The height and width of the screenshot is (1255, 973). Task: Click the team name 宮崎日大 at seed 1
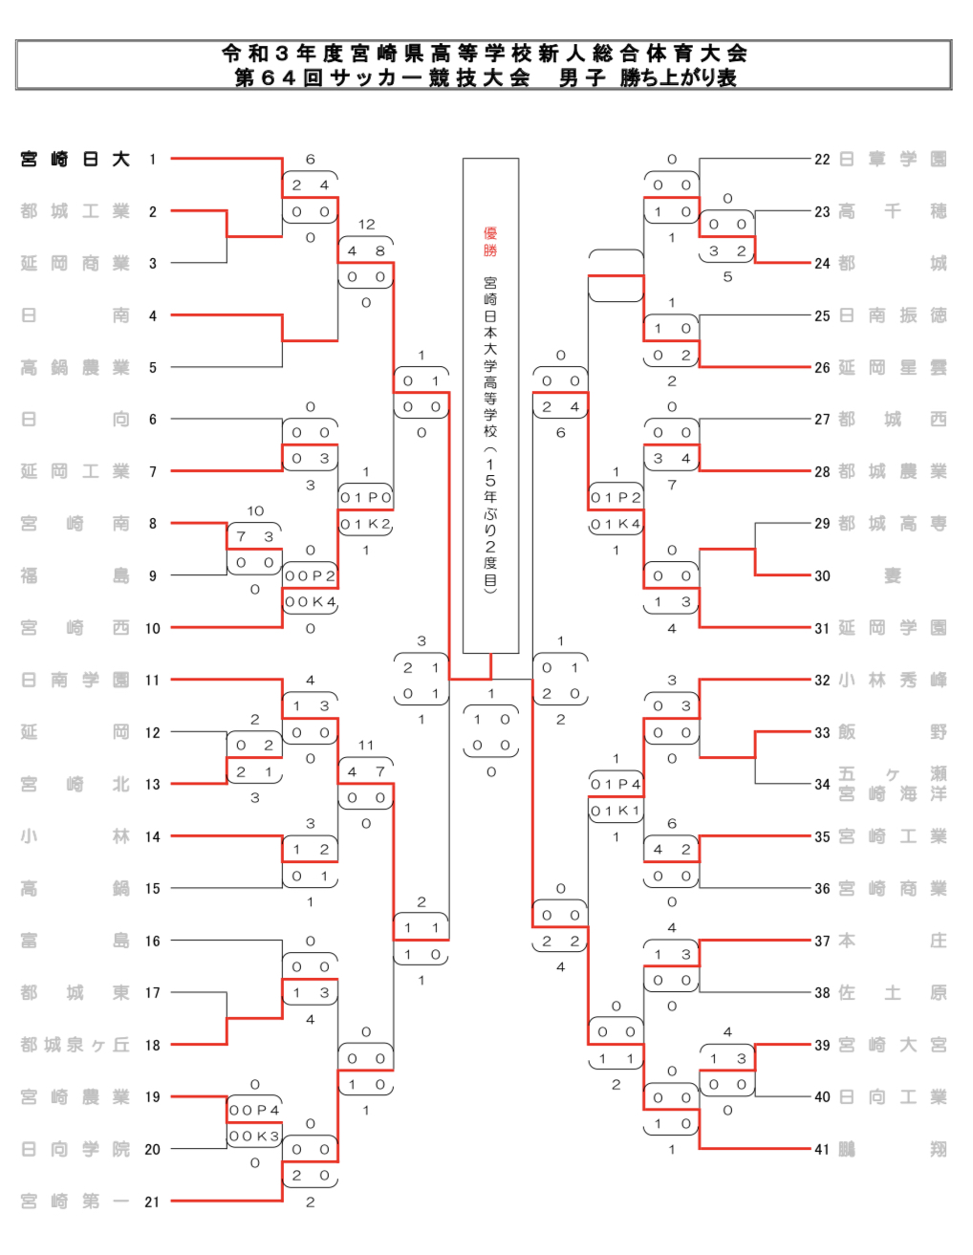[75, 160]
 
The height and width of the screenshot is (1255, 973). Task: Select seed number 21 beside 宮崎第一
[152, 1202]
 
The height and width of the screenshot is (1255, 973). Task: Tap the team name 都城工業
[75, 211]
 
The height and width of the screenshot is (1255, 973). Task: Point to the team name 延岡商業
[75, 264]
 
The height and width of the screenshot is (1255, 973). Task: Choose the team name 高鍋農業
[75, 368]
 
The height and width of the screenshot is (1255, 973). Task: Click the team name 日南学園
[75, 681]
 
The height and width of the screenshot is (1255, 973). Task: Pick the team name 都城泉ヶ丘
[75, 1046]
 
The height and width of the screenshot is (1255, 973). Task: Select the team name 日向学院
[75, 1150]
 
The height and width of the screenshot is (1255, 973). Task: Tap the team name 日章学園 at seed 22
[893, 160]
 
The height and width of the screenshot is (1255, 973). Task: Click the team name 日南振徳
[893, 315]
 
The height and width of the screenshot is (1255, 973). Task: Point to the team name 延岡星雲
[893, 368]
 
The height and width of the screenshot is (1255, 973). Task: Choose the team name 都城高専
[893, 524]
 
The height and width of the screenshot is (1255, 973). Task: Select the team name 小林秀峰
[893, 681]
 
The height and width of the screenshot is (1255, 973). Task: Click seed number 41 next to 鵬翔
[822, 1150]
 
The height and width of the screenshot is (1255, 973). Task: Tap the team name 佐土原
[893, 993]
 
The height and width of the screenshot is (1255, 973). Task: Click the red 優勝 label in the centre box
[490, 242]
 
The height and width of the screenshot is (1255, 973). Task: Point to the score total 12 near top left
[366, 225]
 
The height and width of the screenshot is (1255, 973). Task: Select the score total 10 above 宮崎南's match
[255, 511]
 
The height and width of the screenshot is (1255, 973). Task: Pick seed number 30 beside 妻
[822, 576]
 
